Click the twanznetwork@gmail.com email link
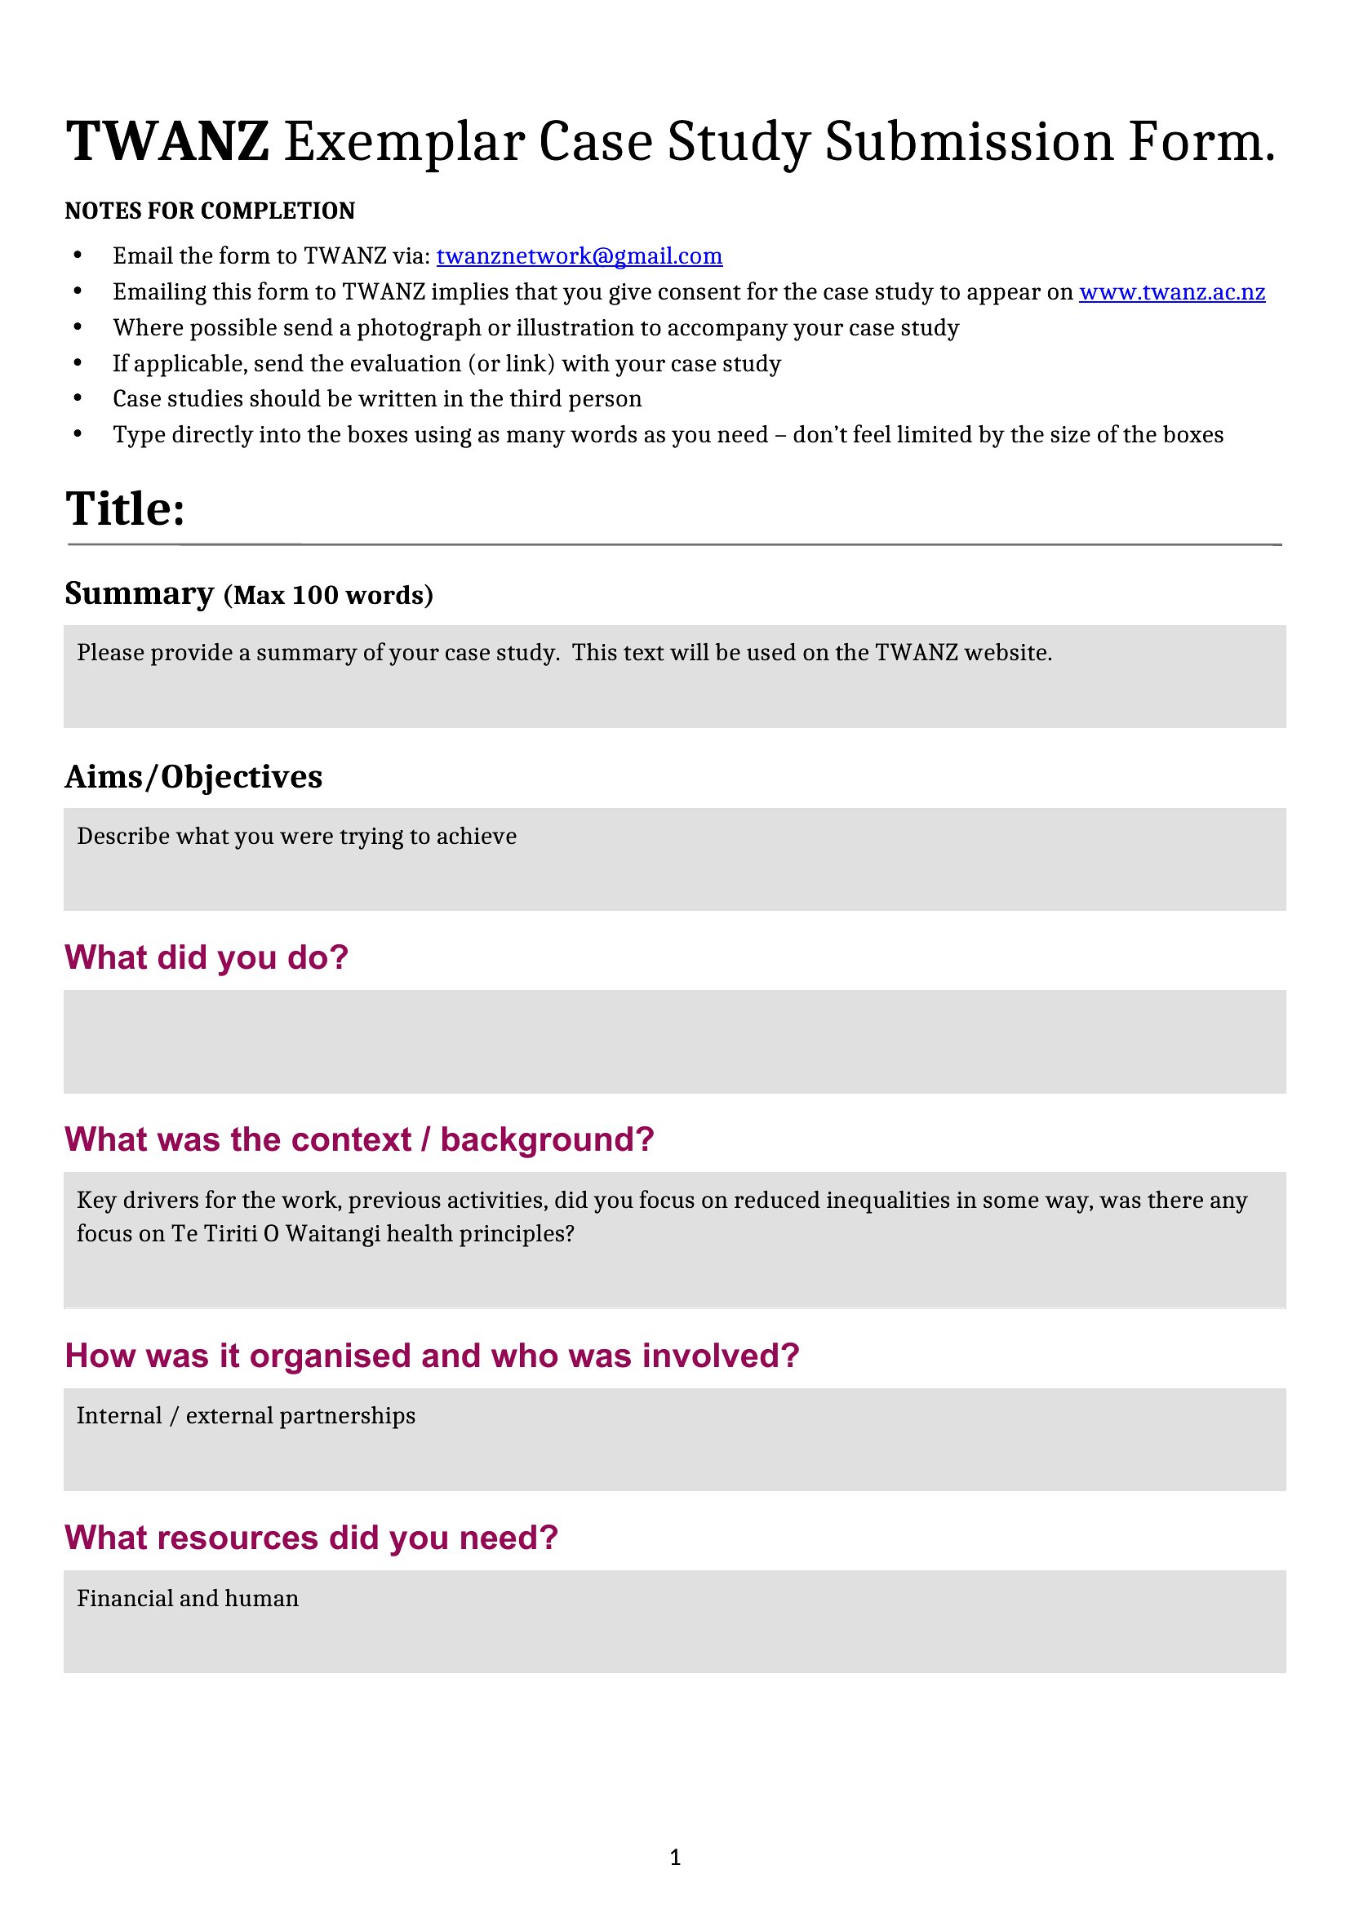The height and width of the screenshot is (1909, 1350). (x=579, y=256)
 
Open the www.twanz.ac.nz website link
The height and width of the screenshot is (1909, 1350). (x=1171, y=292)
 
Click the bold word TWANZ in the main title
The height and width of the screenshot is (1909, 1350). (x=167, y=141)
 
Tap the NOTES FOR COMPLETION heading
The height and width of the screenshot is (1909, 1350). (x=210, y=211)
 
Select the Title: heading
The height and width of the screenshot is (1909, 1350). (x=125, y=508)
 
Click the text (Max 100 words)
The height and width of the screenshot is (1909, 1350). (x=328, y=595)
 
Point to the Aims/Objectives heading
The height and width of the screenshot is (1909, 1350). (x=193, y=776)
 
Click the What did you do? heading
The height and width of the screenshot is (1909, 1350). (x=206, y=958)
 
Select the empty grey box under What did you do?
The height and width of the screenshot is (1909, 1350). (x=674, y=1041)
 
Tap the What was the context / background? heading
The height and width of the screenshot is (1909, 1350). (x=359, y=1140)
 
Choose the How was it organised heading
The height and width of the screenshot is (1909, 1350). (x=432, y=1356)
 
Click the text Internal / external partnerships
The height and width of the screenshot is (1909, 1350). (x=246, y=1416)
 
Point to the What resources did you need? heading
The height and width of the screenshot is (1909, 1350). (x=311, y=1538)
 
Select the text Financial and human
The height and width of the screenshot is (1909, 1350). (x=188, y=1598)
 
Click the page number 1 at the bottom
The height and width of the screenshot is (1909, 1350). (x=675, y=1857)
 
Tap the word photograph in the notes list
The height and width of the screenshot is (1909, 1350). (x=419, y=327)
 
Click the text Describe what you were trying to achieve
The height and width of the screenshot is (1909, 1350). (x=297, y=837)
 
